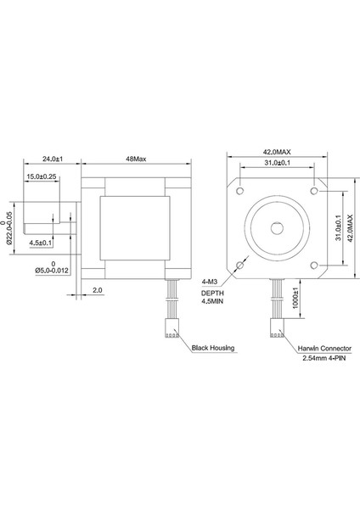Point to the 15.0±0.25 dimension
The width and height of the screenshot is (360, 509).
pyautogui.click(x=42, y=176)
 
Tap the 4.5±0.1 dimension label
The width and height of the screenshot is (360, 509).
pyautogui.click(x=41, y=243)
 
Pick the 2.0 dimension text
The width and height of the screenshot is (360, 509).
pyautogui.click(x=98, y=289)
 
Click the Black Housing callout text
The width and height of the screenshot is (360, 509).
pyautogui.click(x=213, y=348)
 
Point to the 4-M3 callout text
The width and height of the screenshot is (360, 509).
pyautogui.click(x=212, y=281)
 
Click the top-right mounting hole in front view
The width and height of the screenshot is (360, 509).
pyautogui.click(x=314, y=190)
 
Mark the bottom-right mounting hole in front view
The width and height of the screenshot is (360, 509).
pyautogui.click(x=314, y=266)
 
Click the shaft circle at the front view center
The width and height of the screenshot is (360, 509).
pyautogui.click(x=276, y=228)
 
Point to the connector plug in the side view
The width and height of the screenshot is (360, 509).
pyautogui.click(x=169, y=327)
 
